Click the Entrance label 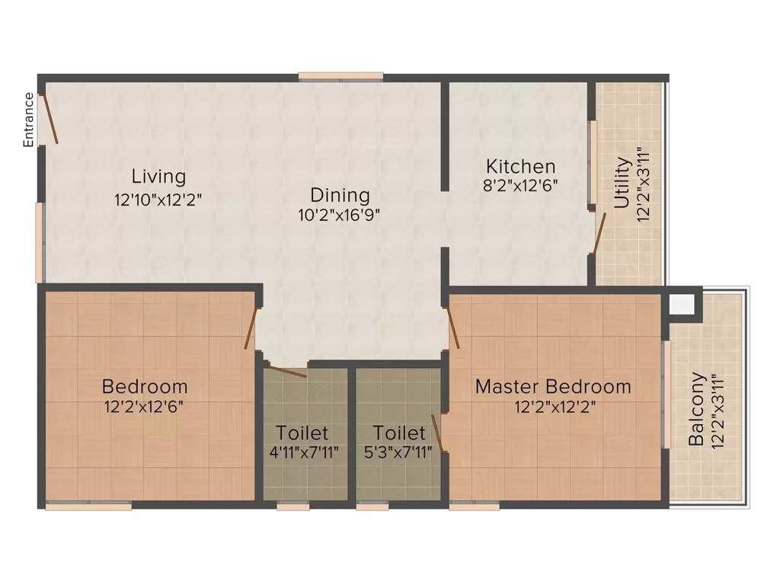point(29,120)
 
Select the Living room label point(158,177)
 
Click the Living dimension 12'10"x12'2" point(158,199)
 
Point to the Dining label point(340,195)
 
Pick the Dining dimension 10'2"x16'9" point(340,215)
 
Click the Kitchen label point(521,166)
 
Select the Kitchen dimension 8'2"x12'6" point(521,185)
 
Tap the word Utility point(622,183)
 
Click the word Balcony point(696,409)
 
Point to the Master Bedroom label point(553,386)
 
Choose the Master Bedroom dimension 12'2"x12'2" point(554,406)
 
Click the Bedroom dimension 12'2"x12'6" point(145,406)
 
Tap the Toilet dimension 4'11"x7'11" point(302,452)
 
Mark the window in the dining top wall point(340,76)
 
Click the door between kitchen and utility point(599,232)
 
